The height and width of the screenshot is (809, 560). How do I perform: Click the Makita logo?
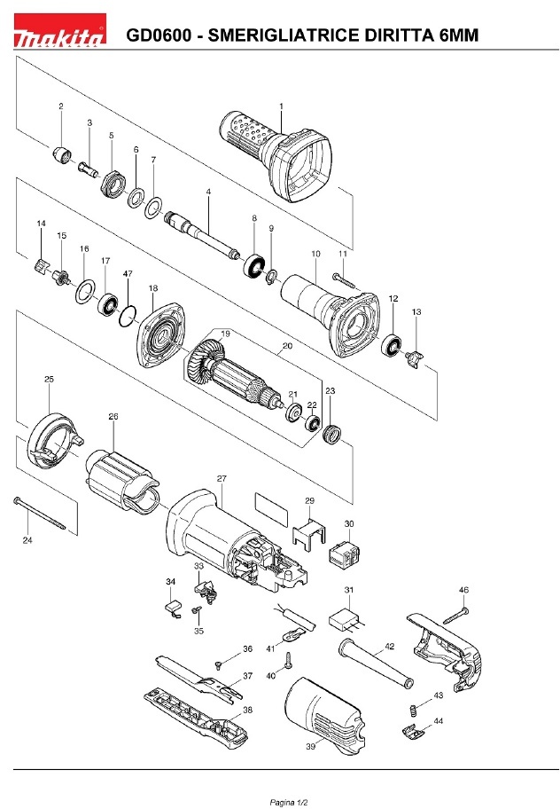pyautogui.click(x=60, y=30)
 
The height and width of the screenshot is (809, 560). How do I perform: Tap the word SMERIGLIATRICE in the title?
pyautogui.click(x=284, y=35)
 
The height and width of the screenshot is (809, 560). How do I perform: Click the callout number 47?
pyautogui.click(x=128, y=273)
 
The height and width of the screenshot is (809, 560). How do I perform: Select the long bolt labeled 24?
pyautogui.click(x=40, y=513)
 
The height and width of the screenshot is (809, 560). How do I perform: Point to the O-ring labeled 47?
pyautogui.click(x=128, y=316)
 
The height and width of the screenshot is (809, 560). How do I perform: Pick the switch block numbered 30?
pyautogui.click(x=343, y=554)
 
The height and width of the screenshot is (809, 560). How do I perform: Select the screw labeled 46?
pyautogui.click(x=455, y=616)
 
